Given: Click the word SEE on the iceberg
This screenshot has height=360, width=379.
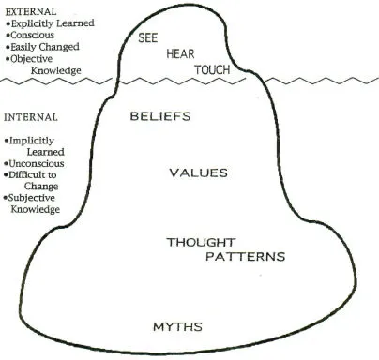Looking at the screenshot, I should (x=149, y=39).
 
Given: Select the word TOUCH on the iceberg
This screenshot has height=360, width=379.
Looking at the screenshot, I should (x=212, y=70).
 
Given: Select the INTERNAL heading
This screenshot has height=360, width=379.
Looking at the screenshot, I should (x=30, y=118).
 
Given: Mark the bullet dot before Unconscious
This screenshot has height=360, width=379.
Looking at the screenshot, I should (x=7, y=163).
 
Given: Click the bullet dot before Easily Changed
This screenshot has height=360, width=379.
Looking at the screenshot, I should (x=7, y=46).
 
